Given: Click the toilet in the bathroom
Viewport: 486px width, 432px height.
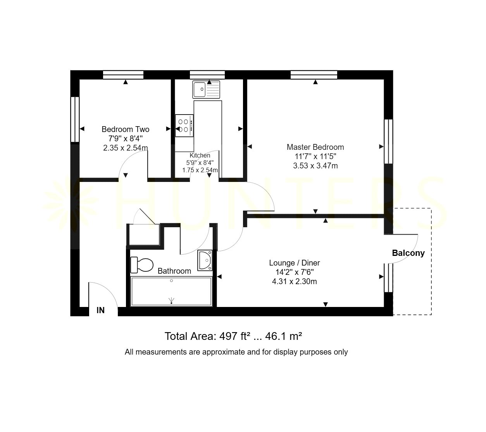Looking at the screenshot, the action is coord(142,265).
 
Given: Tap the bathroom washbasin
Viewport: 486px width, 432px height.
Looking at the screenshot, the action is coord(205,260).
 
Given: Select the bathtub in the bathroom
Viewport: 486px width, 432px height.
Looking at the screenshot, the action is coord(171,291).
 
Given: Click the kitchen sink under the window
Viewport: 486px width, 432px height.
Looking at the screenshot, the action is coord(206,89).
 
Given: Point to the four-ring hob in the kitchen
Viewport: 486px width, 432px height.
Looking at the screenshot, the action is coord(184,125).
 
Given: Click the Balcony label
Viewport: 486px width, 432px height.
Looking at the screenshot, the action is coord(408,253).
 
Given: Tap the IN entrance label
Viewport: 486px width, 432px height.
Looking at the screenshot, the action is coord(100,310).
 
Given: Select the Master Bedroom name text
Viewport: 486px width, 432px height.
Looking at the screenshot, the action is coord(315,147).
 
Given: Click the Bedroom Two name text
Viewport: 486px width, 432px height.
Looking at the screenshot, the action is coord(126,129).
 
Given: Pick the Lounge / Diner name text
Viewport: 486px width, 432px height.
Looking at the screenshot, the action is coord(294,263).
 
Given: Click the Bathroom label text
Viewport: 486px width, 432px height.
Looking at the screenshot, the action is coord(174,271).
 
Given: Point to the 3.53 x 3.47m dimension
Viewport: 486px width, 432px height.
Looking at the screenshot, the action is coord(315,166).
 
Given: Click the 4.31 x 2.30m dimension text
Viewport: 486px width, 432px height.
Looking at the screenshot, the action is coord(294,281).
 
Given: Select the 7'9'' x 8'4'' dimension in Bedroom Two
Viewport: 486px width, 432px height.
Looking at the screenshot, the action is coord(126,139).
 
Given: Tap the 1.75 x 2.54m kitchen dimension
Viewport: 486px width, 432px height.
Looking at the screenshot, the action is coord(200,170).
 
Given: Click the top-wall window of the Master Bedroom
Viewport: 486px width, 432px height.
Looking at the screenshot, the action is coord(314,75).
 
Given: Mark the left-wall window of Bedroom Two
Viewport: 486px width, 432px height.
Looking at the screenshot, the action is coord(75,119).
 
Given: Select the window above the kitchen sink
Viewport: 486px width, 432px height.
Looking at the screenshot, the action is coord(207,75).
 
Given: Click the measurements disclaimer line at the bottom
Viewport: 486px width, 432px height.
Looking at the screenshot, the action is coord(236,352).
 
